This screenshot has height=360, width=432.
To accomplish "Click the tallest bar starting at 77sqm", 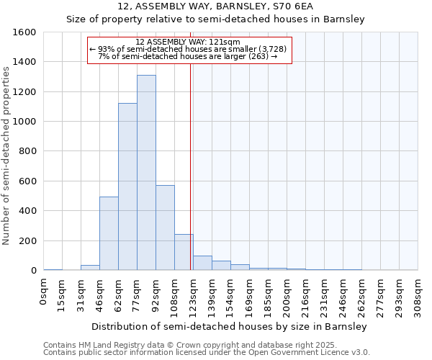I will [146, 173].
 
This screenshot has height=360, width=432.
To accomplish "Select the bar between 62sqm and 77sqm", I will [127, 187].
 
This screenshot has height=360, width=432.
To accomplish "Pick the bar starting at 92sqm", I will [165, 228].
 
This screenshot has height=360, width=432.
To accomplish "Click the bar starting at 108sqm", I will [184, 252].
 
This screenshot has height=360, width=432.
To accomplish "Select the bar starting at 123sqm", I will [202, 264].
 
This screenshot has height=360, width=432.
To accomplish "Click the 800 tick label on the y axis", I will [27, 152].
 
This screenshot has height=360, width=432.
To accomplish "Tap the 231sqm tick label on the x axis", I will [325, 295].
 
